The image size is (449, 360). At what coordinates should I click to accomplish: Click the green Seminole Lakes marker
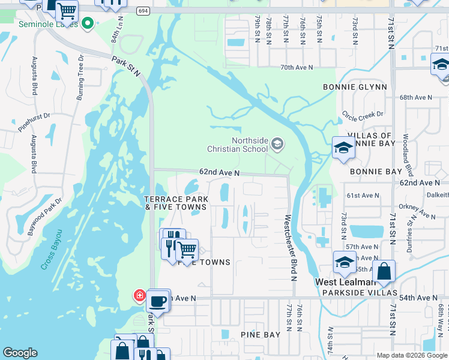[x=88, y=24]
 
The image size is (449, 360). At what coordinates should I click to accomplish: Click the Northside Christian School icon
[x=277, y=143]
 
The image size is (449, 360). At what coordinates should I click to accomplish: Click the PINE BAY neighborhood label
[x=260, y=334]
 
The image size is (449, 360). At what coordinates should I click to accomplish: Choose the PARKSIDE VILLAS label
[x=360, y=293]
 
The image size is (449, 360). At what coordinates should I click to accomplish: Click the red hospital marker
[x=139, y=295]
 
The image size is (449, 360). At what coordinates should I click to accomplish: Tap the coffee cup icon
[x=158, y=301]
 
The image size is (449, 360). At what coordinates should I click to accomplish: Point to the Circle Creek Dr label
[x=362, y=114]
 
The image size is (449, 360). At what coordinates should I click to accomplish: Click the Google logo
[x=20, y=353]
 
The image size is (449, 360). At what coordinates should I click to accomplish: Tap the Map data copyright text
[x=411, y=355]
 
